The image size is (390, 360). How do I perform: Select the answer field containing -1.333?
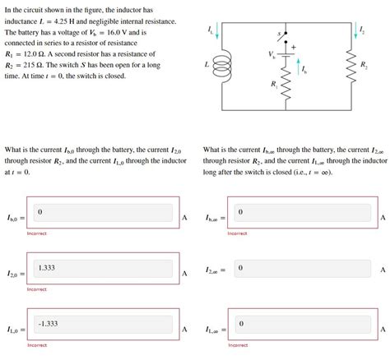point(104,327)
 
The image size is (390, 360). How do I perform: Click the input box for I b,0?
point(104,215)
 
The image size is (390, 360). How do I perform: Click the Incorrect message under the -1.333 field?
point(37,345)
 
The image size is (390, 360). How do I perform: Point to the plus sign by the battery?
point(292,48)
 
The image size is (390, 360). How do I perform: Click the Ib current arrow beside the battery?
point(299,69)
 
